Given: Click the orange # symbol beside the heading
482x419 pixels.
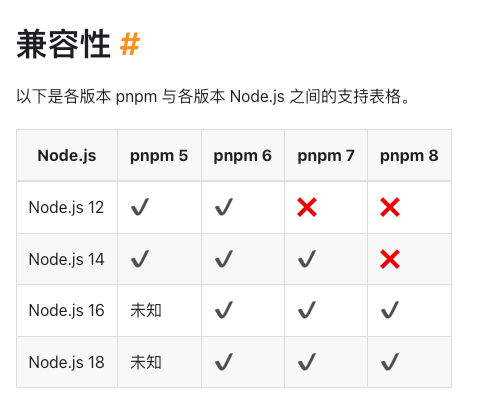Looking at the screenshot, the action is [130, 44].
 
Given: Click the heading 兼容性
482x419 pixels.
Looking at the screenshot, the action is [63, 44].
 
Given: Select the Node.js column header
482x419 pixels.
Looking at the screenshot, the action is [67, 156].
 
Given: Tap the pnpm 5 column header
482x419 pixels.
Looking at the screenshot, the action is [159, 156].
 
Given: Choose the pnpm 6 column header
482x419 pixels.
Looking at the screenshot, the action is [242, 156].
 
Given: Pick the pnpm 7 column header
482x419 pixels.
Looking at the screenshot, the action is [326, 156].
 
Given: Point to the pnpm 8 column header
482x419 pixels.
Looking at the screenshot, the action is [409, 156].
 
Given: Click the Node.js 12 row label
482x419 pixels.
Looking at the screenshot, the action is [66, 207].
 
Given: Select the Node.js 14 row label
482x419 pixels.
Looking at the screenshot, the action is [66, 259].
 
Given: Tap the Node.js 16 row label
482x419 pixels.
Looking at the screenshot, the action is [66, 311].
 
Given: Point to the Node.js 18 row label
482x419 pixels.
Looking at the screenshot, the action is [66, 362].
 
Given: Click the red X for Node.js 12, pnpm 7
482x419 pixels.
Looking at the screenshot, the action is [307, 207].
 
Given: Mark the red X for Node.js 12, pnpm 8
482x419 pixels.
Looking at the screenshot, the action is [390, 207].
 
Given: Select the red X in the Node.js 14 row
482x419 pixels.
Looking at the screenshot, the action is [390, 259].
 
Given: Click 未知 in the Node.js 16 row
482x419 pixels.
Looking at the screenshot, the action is [146, 311].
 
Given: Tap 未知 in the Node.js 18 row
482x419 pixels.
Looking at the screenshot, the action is [146, 362].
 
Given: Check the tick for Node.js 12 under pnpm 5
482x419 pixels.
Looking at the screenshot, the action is [140, 207].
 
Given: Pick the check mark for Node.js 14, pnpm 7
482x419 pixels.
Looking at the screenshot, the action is [307, 259].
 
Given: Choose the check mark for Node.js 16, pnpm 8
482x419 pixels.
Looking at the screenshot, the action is [390, 310].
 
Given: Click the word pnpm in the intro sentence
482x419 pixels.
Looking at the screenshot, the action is [136, 97].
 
